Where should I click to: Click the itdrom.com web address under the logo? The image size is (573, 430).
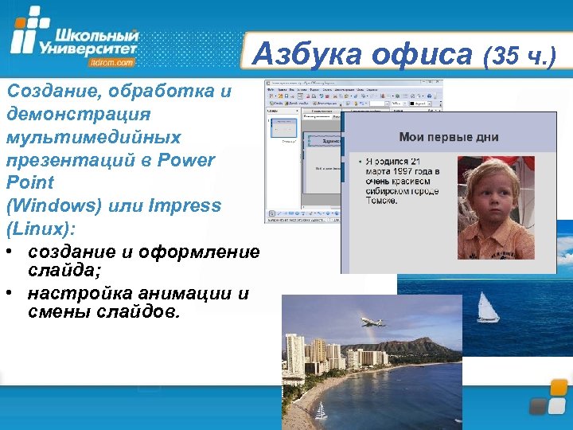tap(112, 61)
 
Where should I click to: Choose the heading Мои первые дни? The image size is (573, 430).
tap(449, 136)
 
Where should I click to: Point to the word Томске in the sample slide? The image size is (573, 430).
tap(381, 201)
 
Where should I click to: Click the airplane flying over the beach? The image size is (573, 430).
tap(372, 322)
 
